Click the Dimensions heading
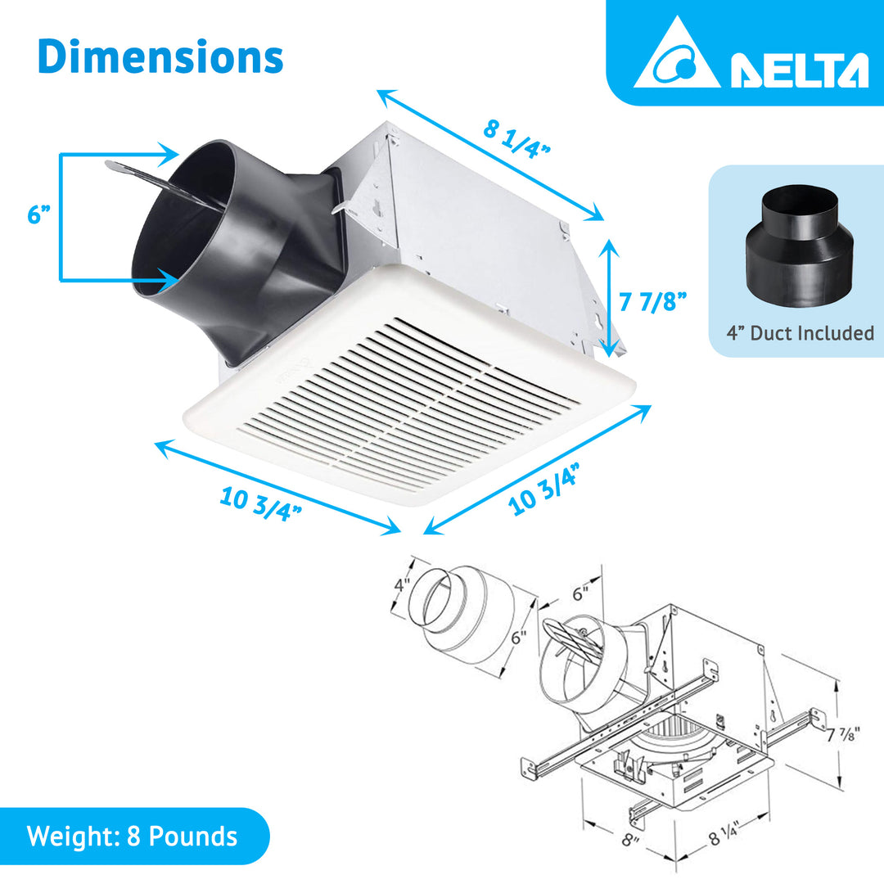click(160, 56)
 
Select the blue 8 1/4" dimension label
click(516, 139)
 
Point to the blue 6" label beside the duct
click(38, 215)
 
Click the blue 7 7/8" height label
click(652, 302)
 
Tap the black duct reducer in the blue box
click(799, 246)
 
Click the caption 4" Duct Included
click(800, 333)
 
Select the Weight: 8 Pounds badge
click(132, 837)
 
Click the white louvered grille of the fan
click(409, 401)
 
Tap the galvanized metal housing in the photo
click(475, 221)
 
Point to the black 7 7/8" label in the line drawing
click(844, 734)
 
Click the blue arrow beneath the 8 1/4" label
click(490, 156)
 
